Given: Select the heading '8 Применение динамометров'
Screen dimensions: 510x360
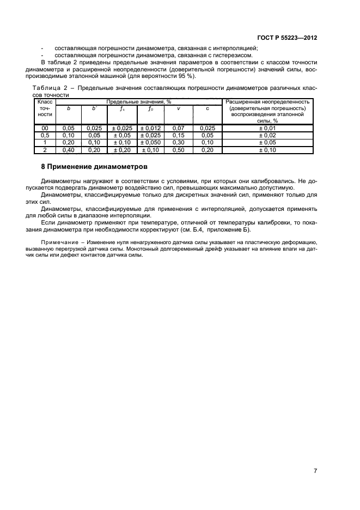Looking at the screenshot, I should pyautogui.click(x=94, y=166).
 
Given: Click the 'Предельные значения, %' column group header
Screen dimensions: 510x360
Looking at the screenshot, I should pyautogui.click(x=139, y=101).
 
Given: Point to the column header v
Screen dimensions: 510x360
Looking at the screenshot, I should pyautogui.click(x=179, y=108).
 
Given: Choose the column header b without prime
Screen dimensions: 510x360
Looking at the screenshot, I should pyautogui.click(x=68, y=108).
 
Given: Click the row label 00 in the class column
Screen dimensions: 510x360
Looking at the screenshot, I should pyautogui.click(x=45, y=127).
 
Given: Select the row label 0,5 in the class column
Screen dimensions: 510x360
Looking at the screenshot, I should pyautogui.click(x=45, y=135).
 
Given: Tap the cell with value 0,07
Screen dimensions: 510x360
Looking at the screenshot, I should pyautogui.click(x=179, y=127).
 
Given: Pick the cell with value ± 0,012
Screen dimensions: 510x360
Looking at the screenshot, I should pyautogui.click(x=150, y=127).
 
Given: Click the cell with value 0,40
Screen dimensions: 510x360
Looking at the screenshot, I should pyautogui.click(x=68, y=149).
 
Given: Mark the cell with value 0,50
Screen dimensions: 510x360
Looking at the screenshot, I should pyautogui.click(x=179, y=149).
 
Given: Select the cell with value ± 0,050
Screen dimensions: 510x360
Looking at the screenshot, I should pyautogui.click(x=150, y=142).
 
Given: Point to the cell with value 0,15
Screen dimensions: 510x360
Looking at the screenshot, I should pyautogui.click(x=179, y=135).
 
